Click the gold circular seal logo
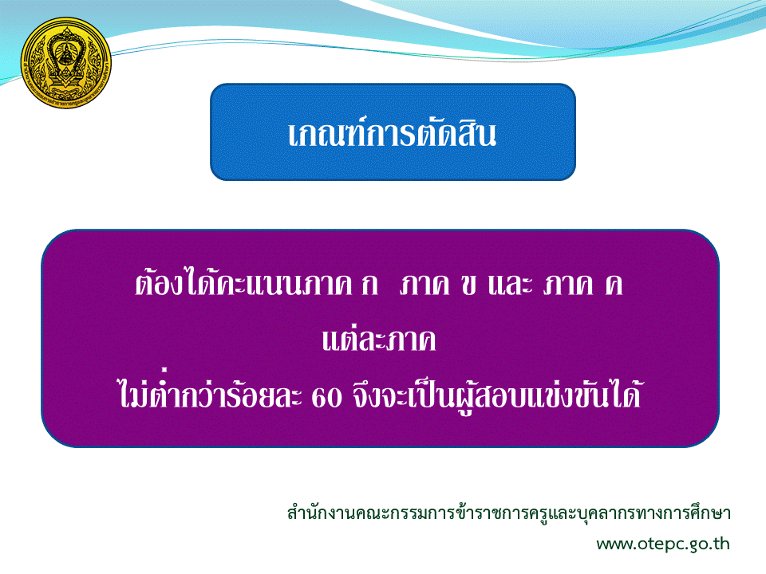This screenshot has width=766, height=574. click(x=66, y=62)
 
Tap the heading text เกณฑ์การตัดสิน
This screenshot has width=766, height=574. click(x=393, y=133)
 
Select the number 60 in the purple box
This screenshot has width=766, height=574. click(x=326, y=398)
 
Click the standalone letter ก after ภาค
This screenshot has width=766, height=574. click(x=369, y=285)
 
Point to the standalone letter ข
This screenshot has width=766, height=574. click(x=468, y=285)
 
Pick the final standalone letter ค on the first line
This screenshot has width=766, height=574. click(x=614, y=285)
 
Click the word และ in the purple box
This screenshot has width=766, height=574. click(x=510, y=285)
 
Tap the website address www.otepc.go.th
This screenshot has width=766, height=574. click(x=663, y=544)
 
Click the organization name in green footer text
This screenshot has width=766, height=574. click(x=508, y=513)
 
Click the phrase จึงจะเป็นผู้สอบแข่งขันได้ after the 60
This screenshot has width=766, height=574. click(x=496, y=395)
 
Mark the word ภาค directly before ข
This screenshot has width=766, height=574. click(x=424, y=285)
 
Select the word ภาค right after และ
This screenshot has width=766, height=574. click(x=568, y=285)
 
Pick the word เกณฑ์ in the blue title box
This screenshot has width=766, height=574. click(x=326, y=133)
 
